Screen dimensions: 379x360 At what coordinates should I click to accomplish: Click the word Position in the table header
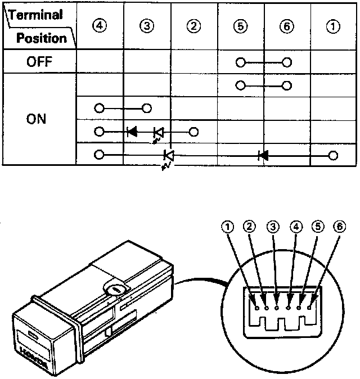point(41,38)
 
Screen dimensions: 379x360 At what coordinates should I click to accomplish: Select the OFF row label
point(39,62)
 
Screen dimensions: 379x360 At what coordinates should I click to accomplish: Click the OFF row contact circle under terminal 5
point(240,62)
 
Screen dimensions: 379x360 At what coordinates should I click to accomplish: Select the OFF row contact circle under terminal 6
point(287,62)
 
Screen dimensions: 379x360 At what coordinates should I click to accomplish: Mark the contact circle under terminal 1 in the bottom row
point(334,155)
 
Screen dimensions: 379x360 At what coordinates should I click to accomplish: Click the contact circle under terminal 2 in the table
point(193,132)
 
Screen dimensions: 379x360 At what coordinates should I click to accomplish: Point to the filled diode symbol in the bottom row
point(262,155)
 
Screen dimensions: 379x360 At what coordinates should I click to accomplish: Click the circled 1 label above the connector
point(227,227)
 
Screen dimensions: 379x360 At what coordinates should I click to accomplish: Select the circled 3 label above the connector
point(272,227)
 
